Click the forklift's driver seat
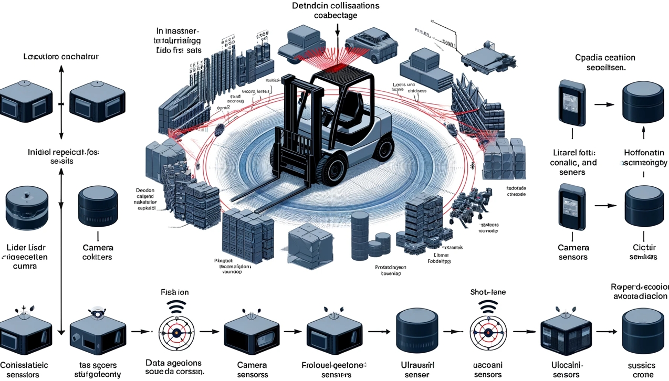(x=346, y=110)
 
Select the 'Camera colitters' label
(x=97, y=252)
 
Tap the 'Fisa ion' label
(x=174, y=292)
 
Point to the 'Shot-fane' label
(x=488, y=292)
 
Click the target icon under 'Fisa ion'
(x=176, y=332)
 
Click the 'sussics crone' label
(x=641, y=369)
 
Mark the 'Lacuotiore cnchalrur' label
(x=61, y=56)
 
